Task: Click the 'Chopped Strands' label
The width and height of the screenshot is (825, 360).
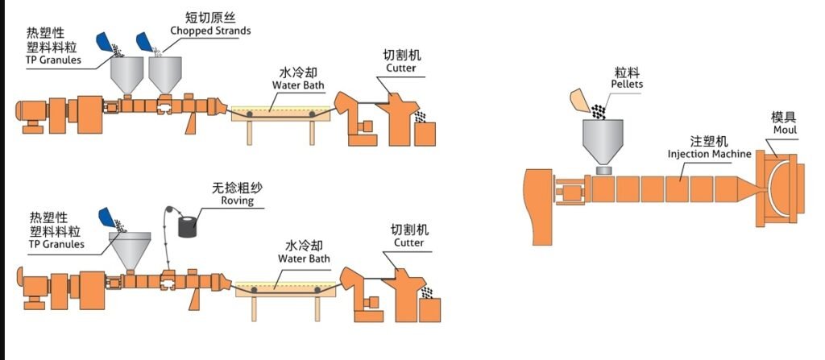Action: tap(210, 31)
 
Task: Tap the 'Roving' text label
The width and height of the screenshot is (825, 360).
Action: tap(238, 201)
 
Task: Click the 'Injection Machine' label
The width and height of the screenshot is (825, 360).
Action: tap(710, 154)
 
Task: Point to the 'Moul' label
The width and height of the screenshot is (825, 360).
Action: tap(784, 130)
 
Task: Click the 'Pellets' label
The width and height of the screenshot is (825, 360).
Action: tap(628, 84)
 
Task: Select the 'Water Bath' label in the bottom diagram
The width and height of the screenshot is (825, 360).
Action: tap(304, 259)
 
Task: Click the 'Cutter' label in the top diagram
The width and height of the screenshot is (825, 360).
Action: tap(400, 68)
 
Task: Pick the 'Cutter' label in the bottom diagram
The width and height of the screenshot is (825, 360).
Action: tap(408, 242)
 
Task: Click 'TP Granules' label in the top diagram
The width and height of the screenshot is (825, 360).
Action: tap(53, 60)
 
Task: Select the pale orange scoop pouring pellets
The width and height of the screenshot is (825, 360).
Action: tap(579, 101)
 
